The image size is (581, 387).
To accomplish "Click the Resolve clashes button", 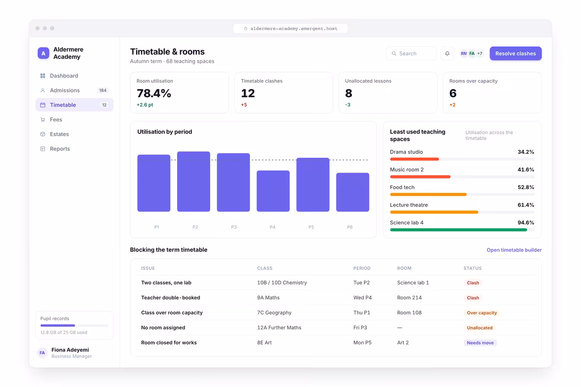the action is [515, 53].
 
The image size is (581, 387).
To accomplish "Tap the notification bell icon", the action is [447, 53].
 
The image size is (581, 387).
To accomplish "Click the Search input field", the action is [411, 53].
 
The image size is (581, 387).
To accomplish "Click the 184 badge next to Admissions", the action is [103, 90].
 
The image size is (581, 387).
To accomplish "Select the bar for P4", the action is [273, 191].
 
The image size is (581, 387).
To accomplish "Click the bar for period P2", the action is [194, 181].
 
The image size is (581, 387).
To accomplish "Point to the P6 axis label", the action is [350, 227].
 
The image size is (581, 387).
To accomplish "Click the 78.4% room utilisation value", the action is [154, 93].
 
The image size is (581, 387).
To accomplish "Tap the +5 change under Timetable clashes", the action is [244, 104].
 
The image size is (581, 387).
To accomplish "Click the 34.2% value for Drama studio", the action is [526, 152].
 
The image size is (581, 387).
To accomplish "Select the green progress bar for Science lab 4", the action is [459, 230].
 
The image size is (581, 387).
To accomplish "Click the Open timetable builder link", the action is [514, 250].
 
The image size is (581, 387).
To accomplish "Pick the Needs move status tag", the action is [480, 342].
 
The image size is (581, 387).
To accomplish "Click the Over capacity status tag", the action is [482, 313].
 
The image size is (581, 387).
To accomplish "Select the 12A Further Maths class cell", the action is [279, 327].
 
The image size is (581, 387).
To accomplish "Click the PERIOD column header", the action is [362, 268].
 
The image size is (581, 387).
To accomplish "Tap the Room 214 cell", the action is [409, 298].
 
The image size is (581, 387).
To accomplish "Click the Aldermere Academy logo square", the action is [43, 53].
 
